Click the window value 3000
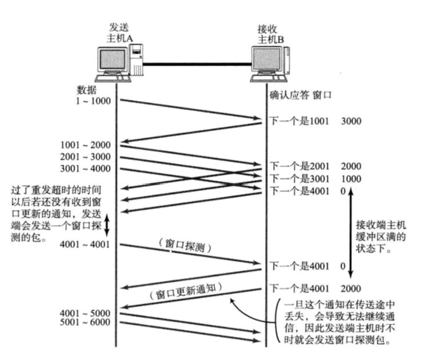pos(350,121)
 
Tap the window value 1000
pos(350,178)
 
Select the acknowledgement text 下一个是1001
pos(298,121)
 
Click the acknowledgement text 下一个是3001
pos(298,178)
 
